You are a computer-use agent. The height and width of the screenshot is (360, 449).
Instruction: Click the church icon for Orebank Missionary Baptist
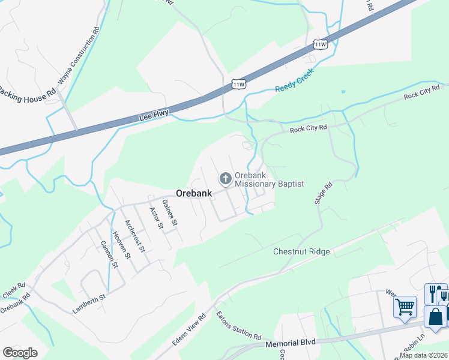point(225,178)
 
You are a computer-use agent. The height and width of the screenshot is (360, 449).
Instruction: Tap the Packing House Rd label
point(26,94)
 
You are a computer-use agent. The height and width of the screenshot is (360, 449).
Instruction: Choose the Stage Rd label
point(323,194)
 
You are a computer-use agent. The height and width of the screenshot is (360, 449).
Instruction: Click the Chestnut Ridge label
point(301,251)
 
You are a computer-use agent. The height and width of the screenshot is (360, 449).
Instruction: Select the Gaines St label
point(170,214)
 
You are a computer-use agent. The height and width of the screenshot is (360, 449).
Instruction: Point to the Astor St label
point(155,218)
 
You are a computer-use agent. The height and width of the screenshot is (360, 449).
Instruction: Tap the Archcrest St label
point(134,236)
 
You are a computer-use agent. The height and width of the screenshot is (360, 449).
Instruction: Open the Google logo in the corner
point(20,353)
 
